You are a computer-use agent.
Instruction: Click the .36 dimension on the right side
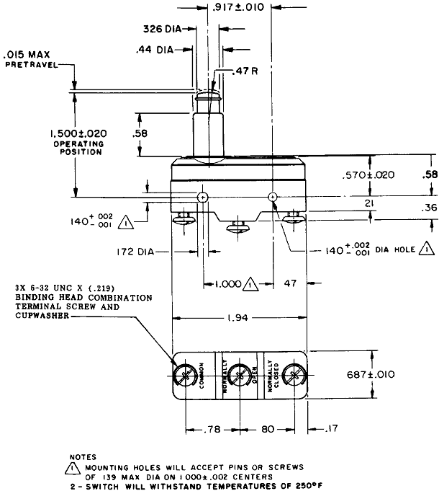[x=428, y=208]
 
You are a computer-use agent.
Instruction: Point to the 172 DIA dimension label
[x=140, y=251]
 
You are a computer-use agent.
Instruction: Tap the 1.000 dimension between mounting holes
[x=228, y=284]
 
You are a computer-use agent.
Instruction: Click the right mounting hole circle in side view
[x=272, y=197]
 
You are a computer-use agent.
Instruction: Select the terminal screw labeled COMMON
[x=186, y=374]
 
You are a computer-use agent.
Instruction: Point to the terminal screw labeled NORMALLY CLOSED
[x=292, y=374]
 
